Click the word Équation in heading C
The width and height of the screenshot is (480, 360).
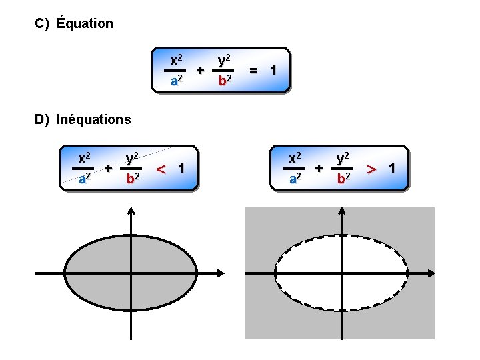pyautogui.click(x=85, y=23)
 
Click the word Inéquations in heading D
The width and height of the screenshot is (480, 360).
pyautogui.click(x=94, y=120)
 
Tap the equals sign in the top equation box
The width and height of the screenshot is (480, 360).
pyautogui.click(x=254, y=70)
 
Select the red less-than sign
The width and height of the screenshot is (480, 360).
pyautogui.click(x=161, y=168)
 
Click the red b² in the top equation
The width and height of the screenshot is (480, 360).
pyautogui.click(x=225, y=81)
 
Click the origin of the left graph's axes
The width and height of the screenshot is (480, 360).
pyautogui.click(x=131, y=273)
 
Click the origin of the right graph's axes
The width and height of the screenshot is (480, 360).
pyautogui.click(x=342, y=273)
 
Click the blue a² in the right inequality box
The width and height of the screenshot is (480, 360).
pyautogui.click(x=295, y=179)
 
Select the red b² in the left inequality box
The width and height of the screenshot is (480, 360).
pyautogui.click(x=133, y=179)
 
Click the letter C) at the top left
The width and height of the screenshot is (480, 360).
pyautogui.click(x=42, y=23)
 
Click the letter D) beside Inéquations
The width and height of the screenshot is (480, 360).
pyautogui.click(x=43, y=120)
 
